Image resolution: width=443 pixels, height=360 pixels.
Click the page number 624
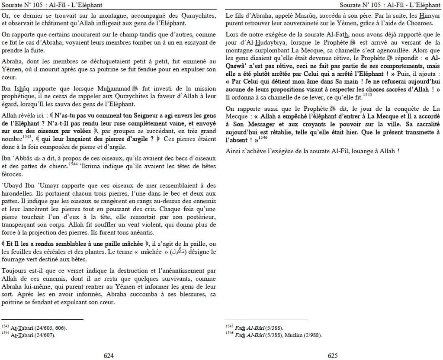[x=108, y=356]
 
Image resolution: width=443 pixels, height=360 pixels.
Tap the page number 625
[x=332, y=356]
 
